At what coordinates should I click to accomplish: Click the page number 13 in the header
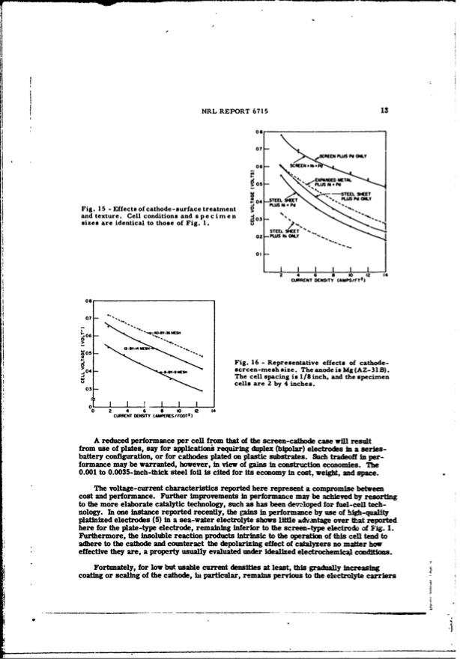pos(383,110)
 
